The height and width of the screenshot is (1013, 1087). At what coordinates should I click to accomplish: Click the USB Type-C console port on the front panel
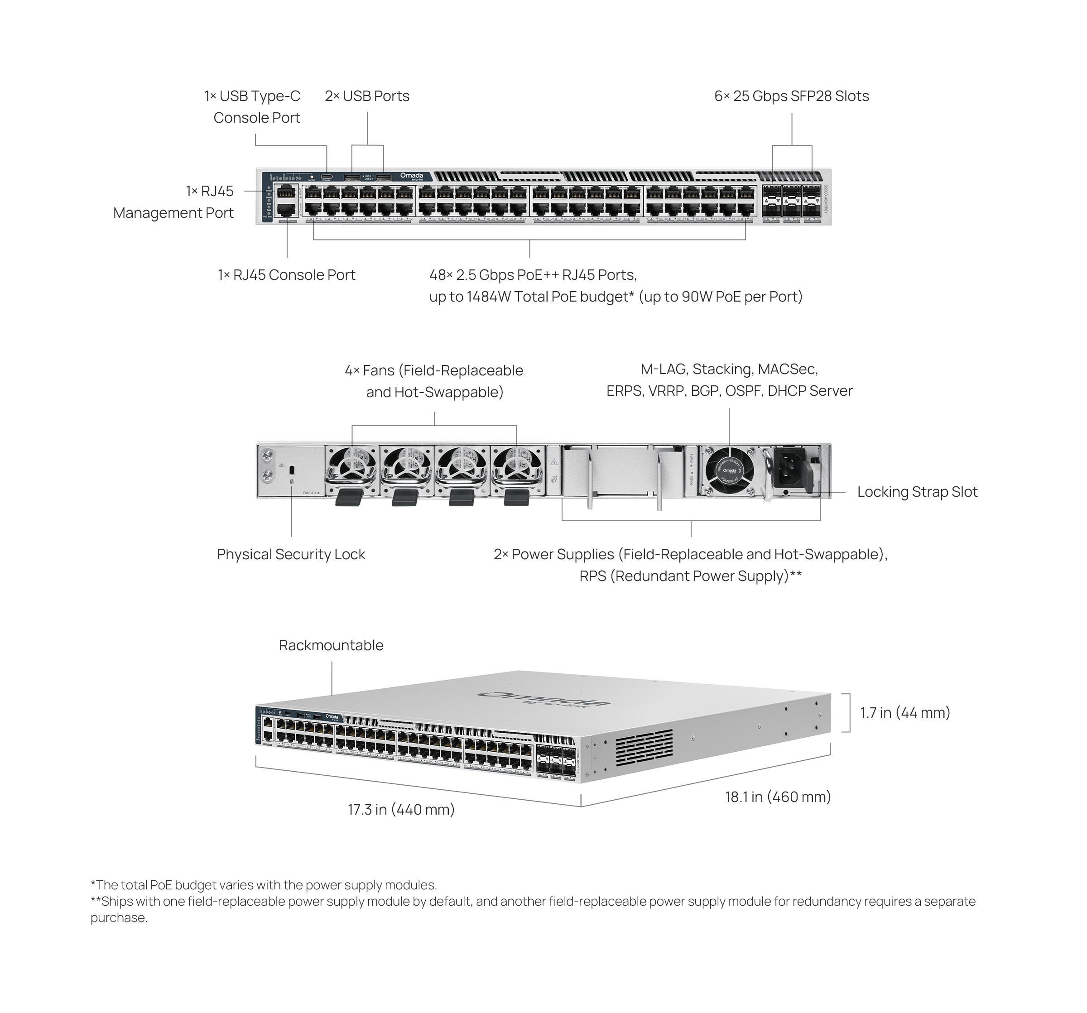(x=327, y=177)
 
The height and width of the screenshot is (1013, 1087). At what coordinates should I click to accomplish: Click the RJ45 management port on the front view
(x=287, y=192)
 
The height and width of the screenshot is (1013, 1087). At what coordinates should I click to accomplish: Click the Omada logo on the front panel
(x=412, y=176)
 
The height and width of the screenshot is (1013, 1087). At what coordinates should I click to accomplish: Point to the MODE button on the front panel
(x=312, y=177)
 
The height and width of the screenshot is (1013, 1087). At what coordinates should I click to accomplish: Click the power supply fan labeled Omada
(x=729, y=470)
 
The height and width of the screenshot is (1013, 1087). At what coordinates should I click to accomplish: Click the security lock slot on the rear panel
(x=291, y=470)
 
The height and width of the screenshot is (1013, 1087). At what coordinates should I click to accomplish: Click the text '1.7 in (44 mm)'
(x=905, y=713)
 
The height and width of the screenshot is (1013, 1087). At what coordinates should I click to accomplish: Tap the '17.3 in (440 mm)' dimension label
(x=401, y=810)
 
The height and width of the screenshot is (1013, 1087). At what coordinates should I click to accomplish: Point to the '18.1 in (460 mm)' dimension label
(x=778, y=797)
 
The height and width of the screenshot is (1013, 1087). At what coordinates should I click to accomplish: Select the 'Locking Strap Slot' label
(x=917, y=492)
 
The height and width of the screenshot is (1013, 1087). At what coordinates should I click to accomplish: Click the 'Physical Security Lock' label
(x=291, y=554)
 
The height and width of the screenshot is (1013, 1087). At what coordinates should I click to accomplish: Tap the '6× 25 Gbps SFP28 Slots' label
(x=791, y=96)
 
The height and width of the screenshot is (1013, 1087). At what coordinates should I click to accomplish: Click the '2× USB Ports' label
(x=367, y=96)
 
